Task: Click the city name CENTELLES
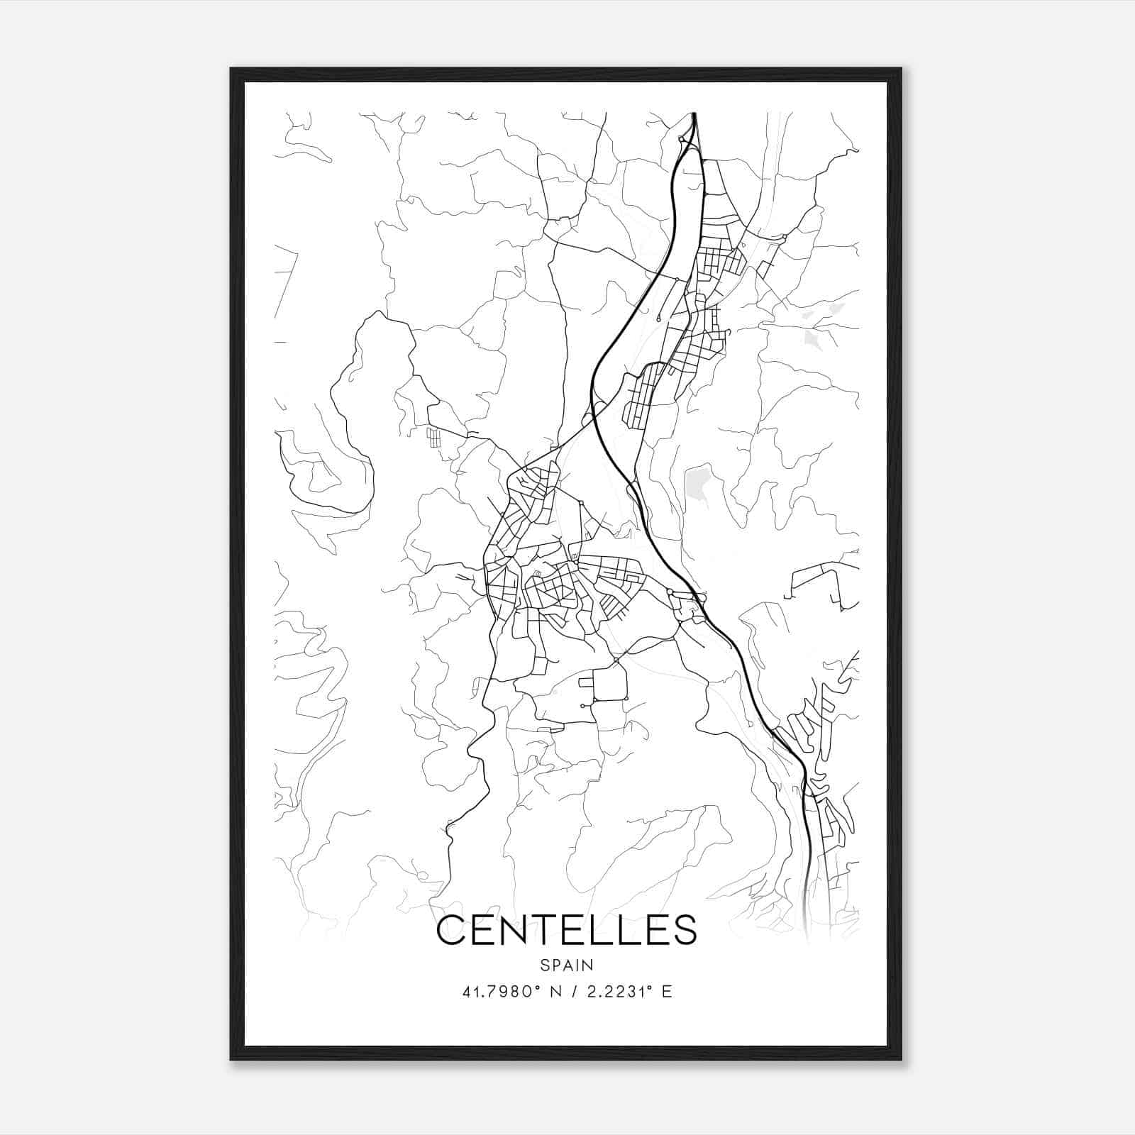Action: [567, 930]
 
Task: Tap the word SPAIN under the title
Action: [567, 965]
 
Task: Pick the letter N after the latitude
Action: [555, 992]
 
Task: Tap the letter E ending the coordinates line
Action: [666, 992]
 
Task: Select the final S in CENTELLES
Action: [684, 930]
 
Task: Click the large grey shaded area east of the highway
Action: [699, 482]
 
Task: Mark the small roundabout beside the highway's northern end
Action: [682, 140]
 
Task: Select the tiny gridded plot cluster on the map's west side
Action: [433, 437]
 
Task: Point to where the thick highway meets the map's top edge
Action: [694, 114]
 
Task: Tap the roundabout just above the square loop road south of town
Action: [616, 660]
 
